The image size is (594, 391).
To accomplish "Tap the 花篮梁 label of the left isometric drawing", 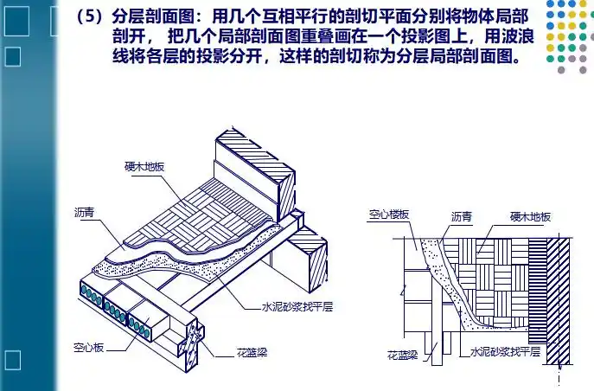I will (x=253, y=353).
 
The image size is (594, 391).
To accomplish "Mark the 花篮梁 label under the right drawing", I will (x=403, y=356).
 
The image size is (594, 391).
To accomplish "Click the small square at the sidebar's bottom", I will (x=13, y=359).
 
